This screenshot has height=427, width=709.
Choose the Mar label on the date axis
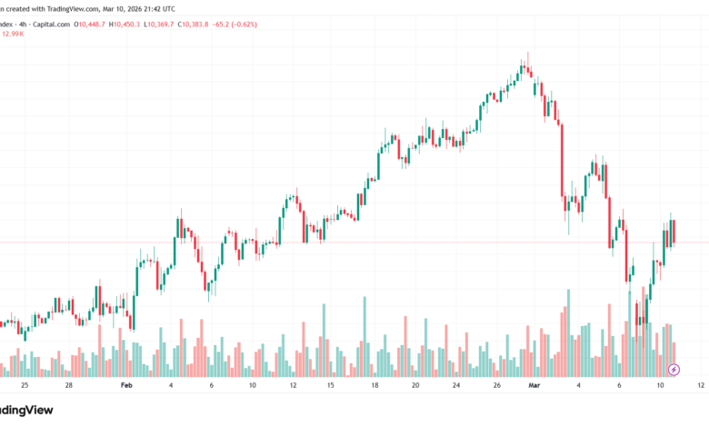[534, 385]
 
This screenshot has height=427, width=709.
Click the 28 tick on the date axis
[68, 385]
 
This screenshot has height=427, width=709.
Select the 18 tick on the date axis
[374, 385]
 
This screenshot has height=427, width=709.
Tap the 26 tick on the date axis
[496, 385]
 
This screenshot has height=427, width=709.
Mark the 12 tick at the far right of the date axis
[701, 385]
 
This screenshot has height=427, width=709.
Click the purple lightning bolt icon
[674, 369]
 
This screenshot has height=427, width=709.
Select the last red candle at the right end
[674, 233]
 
